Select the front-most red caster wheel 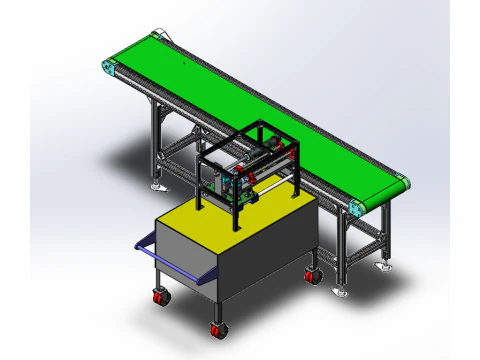[x=217, y=329]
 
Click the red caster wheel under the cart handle [x=158, y=296]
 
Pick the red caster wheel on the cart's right [x=312, y=272]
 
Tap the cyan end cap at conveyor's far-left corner [x=108, y=67]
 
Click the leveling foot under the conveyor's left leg [x=157, y=185]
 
